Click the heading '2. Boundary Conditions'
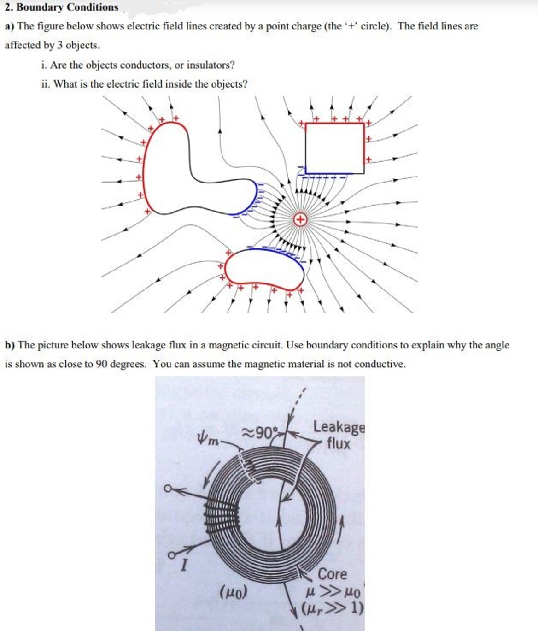point(61,7)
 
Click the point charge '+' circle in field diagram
point(300,219)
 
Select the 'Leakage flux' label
point(339,435)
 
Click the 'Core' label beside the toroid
point(332,574)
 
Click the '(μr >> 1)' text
point(332,607)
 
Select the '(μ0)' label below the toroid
point(234,591)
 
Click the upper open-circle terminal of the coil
point(168,488)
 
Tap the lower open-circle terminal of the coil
point(170,555)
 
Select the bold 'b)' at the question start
point(10,345)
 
